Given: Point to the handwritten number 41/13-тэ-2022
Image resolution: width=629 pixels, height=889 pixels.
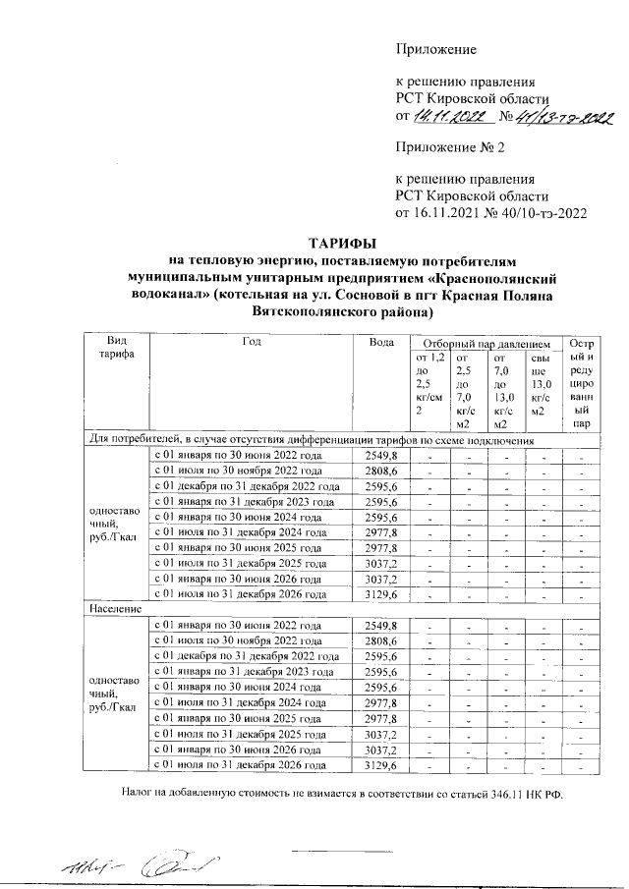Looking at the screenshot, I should coord(556,120).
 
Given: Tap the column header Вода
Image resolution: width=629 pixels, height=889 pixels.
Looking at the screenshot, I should coord(381,340).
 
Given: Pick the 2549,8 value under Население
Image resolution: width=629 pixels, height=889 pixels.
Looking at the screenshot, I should coord(381,626).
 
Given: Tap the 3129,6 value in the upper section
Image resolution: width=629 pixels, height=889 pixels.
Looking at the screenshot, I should coord(381,594).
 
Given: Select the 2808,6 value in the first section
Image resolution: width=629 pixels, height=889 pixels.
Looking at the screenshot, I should coord(381,471).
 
